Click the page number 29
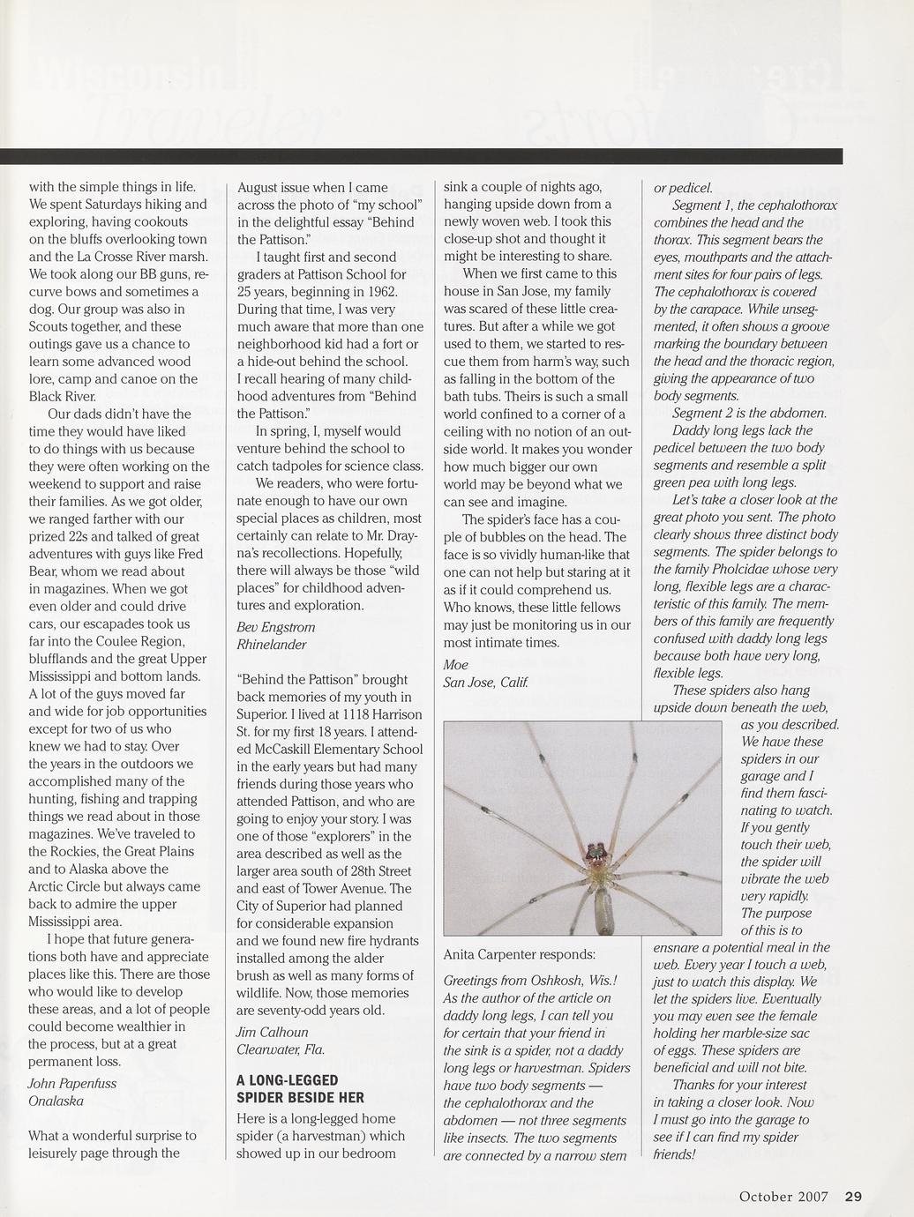[852, 1197]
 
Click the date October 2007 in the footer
[783, 1197]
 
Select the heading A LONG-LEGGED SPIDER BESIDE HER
[300, 1088]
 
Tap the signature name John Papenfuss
[72, 1083]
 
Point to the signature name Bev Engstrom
[276, 626]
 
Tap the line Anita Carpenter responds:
[519, 954]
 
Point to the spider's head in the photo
[597, 853]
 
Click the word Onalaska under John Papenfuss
[56, 1101]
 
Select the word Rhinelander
[272, 644]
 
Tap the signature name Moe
[455, 664]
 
